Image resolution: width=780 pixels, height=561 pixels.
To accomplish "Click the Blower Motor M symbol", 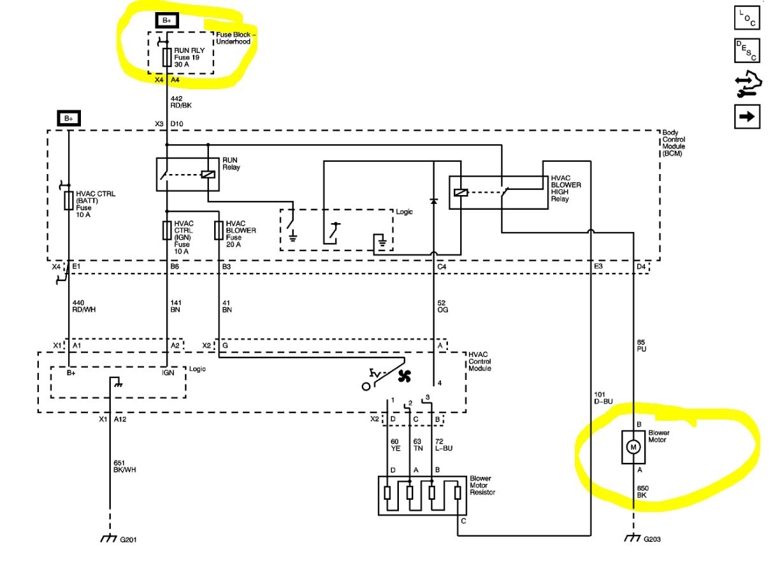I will (x=633, y=447).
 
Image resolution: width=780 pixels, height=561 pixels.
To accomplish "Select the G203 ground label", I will (x=651, y=539).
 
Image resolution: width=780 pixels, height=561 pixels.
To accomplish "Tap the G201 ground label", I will (x=128, y=539).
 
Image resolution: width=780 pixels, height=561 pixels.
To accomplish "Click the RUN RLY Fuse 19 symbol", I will (x=167, y=59).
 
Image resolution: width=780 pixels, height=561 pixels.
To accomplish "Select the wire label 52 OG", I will (x=444, y=305).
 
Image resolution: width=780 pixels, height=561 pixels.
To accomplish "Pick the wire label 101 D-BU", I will (x=603, y=398).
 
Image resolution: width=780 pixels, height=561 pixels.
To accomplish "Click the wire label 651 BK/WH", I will (x=124, y=466).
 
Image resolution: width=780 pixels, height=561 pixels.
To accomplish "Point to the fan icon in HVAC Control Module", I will (x=404, y=377).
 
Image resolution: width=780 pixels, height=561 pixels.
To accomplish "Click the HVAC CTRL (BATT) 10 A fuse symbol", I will (x=68, y=202).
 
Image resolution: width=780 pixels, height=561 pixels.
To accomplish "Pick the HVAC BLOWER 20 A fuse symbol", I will (x=219, y=229).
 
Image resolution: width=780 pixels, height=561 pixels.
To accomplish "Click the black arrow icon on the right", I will (x=747, y=116).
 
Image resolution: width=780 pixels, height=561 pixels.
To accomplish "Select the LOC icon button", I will (x=747, y=18).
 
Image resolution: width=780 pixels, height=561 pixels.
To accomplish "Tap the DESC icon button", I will (x=747, y=51).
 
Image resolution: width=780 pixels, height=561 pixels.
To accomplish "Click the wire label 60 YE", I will (x=394, y=444).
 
